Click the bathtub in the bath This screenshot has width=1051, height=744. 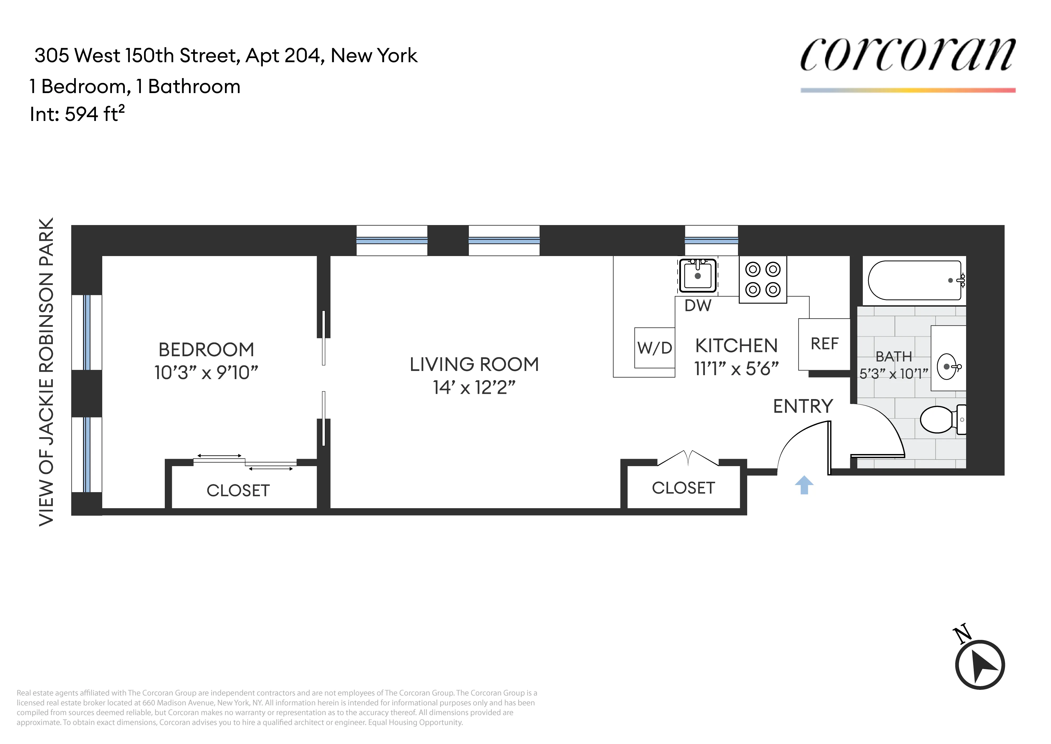pyautogui.click(x=915, y=280)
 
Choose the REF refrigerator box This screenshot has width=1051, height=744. pyautogui.click(x=824, y=344)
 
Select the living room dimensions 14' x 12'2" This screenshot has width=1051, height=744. pyautogui.click(x=474, y=388)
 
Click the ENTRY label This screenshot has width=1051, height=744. pyautogui.click(x=803, y=406)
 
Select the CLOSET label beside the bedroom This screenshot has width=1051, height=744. pyautogui.click(x=238, y=491)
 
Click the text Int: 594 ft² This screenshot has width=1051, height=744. pyautogui.click(x=77, y=114)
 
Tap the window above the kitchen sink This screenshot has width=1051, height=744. pyautogui.click(x=711, y=241)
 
